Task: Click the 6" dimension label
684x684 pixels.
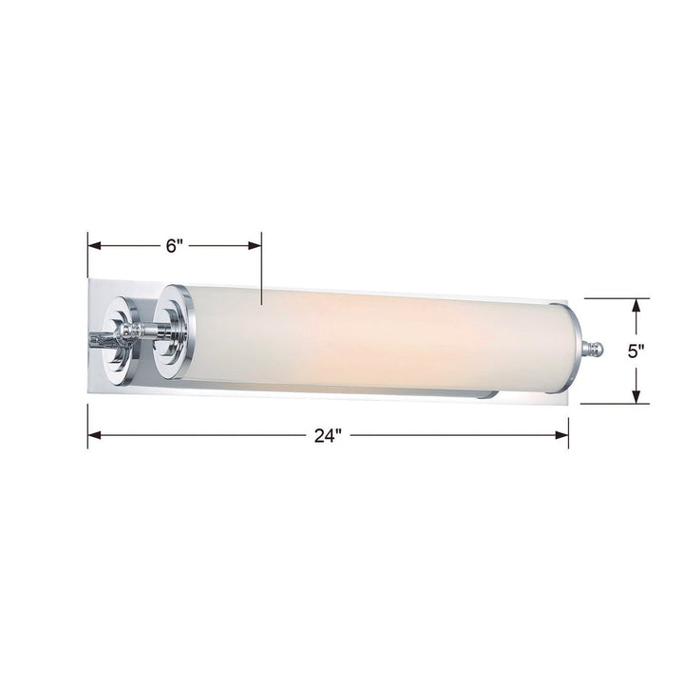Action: [174, 246]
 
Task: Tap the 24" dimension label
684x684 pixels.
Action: [327, 436]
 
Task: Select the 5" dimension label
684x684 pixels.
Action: [636, 350]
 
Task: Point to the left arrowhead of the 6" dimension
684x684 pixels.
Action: [93, 246]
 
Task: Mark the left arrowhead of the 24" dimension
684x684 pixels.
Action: [93, 436]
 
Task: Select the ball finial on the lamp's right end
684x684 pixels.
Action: [596, 350]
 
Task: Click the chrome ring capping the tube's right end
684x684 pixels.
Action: [567, 347]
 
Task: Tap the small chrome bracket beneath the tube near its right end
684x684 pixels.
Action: [486, 392]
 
